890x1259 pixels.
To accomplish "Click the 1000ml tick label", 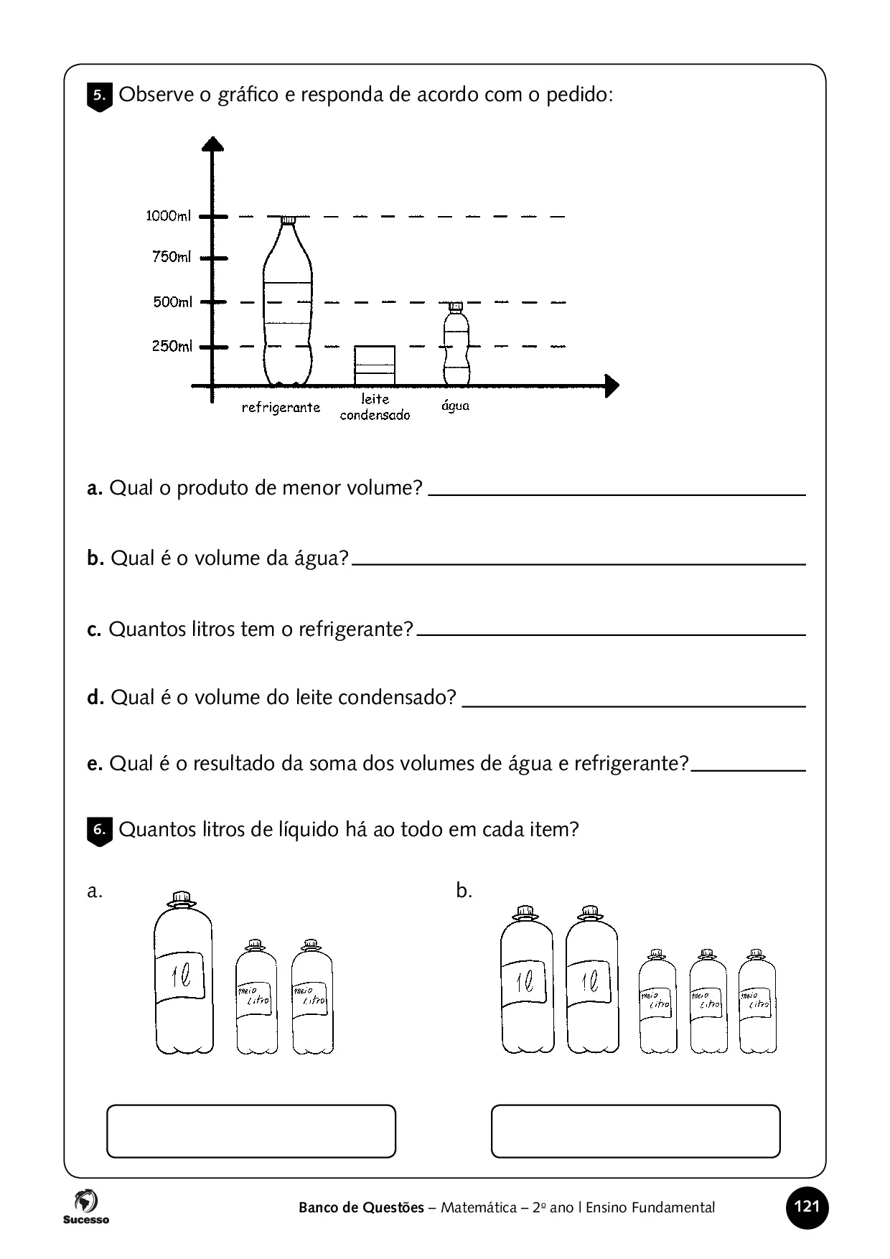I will (169, 215).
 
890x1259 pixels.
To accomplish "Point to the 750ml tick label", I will (172, 257).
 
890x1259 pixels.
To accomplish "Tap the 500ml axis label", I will (172, 302).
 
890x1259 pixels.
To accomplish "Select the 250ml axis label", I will (172, 347).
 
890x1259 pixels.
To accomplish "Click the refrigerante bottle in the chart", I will (287, 301).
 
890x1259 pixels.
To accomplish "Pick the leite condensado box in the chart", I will (375, 365).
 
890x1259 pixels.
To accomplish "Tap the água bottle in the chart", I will (456, 345).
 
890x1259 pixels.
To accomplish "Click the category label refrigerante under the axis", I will (281, 408).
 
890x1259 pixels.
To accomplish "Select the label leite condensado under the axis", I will (375, 407).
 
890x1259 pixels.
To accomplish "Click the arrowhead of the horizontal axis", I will (611, 386).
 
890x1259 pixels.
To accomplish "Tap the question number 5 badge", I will (100, 97).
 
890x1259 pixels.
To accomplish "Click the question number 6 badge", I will (100, 831).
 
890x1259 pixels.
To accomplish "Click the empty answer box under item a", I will (251, 1131).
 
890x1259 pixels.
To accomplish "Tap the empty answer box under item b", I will (635, 1131).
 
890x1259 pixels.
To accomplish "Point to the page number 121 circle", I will (807, 1207).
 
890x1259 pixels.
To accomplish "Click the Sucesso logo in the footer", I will (85, 1207).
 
